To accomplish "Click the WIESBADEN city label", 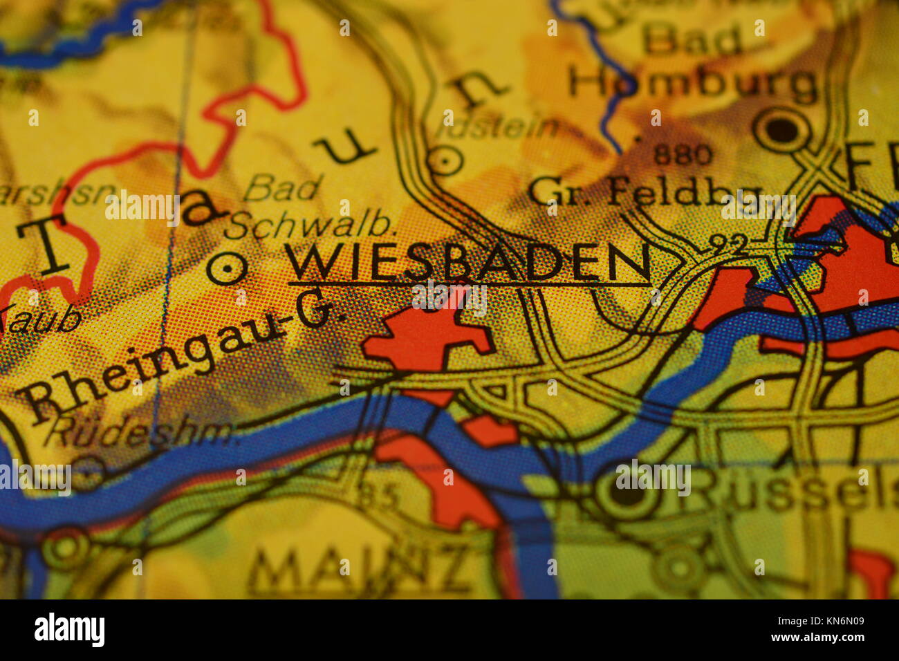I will tap(467, 263).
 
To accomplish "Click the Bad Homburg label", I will tap(692, 66).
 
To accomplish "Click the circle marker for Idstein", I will tap(445, 162).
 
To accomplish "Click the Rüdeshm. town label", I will tap(142, 433).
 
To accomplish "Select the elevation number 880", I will tap(682, 155).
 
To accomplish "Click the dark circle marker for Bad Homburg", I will tap(781, 129).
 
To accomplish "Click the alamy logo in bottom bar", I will tap(69, 630).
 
